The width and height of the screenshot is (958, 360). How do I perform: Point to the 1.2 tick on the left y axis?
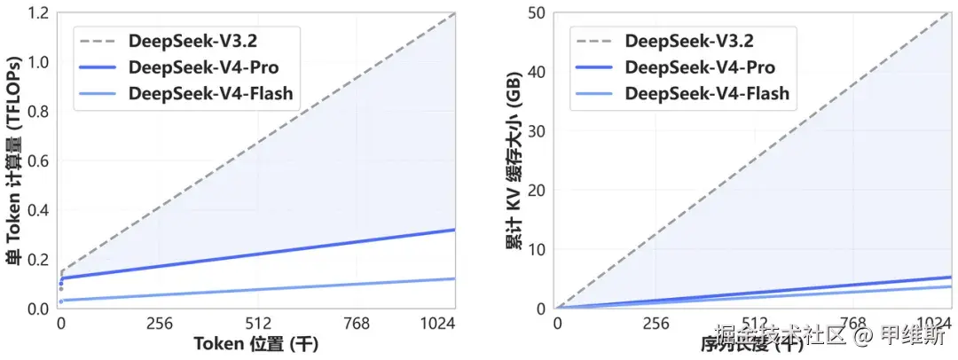[39, 13]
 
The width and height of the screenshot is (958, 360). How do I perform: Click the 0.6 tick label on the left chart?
[39, 161]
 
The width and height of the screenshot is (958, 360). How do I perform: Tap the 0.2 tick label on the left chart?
[39, 260]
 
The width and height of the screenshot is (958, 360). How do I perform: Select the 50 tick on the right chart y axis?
[536, 13]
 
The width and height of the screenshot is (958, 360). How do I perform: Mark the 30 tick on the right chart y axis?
[536, 131]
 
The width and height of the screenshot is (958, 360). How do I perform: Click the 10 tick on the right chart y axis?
[536, 249]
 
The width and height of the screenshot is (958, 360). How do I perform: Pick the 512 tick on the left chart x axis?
[257, 325]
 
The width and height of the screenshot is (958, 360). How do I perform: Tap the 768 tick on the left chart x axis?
[357, 325]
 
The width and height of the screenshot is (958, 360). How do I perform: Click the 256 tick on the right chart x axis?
[656, 325]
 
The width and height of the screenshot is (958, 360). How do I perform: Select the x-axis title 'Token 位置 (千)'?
[257, 342]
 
